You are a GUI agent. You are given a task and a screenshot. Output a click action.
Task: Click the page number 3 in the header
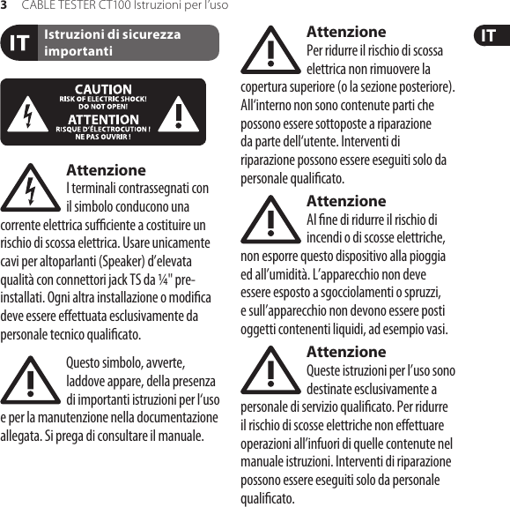[x=4, y=5]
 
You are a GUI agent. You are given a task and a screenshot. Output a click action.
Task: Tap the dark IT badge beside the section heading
[x=18, y=43]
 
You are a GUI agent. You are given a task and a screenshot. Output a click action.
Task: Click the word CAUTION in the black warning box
[x=103, y=89]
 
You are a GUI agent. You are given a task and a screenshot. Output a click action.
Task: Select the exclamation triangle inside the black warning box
[x=181, y=113]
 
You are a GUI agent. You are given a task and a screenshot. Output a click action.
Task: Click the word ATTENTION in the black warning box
[x=103, y=119]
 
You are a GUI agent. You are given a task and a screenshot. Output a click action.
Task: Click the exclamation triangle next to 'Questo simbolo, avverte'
[x=31, y=380]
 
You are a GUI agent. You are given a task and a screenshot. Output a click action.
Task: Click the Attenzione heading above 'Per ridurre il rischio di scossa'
[x=345, y=33]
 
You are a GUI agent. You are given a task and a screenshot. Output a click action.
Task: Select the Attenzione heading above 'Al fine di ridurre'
[x=345, y=201]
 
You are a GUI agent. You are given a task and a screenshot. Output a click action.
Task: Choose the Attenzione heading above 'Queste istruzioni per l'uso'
[x=345, y=352]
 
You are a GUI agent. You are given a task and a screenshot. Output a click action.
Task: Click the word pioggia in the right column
[x=425, y=257]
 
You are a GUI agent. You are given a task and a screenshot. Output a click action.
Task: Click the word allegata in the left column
[x=22, y=436]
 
